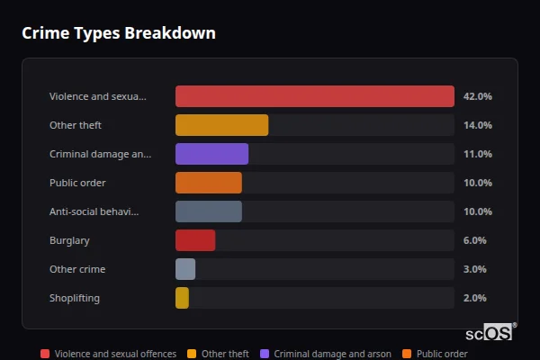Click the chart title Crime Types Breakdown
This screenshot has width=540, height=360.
pyautogui.click(x=118, y=33)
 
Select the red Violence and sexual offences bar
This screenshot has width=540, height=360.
pyautogui.click(x=314, y=96)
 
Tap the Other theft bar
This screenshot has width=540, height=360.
pyautogui.click(x=221, y=125)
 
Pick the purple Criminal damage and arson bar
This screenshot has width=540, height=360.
pyautogui.click(x=211, y=154)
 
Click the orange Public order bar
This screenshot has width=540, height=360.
pyautogui.click(x=208, y=183)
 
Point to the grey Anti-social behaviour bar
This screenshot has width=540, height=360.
pyautogui.click(x=208, y=211)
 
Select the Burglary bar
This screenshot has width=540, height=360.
pyautogui.click(x=195, y=240)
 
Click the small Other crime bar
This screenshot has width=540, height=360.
pyautogui.click(x=185, y=269)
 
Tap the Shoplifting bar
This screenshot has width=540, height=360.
pyautogui.click(x=182, y=298)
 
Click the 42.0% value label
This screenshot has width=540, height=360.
pyautogui.click(x=477, y=96)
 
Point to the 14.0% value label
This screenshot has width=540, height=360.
pyautogui.click(x=477, y=125)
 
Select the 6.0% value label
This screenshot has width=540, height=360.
pyautogui.click(x=474, y=240)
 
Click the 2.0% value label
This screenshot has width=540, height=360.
pyautogui.click(x=474, y=298)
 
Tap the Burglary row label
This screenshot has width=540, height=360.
pyautogui.click(x=69, y=240)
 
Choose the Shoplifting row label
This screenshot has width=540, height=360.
pyautogui.click(x=75, y=298)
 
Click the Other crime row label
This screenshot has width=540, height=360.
pyautogui.click(x=77, y=269)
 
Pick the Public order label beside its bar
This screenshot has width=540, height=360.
pyautogui.click(x=77, y=183)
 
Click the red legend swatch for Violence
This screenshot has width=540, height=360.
pyautogui.click(x=45, y=354)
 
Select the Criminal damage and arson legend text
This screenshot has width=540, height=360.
pyautogui.click(x=332, y=354)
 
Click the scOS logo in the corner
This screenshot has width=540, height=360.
pyautogui.click(x=490, y=332)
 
